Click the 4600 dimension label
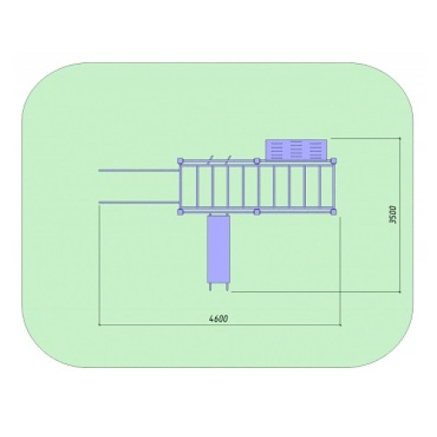(218, 319)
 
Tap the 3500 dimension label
(392, 215)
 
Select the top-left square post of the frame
(181, 161)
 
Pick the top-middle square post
(257, 161)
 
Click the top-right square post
(334, 161)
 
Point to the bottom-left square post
(181, 212)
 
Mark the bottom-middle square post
(257, 212)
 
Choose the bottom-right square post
(334, 212)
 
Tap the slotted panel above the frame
(297, 149)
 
